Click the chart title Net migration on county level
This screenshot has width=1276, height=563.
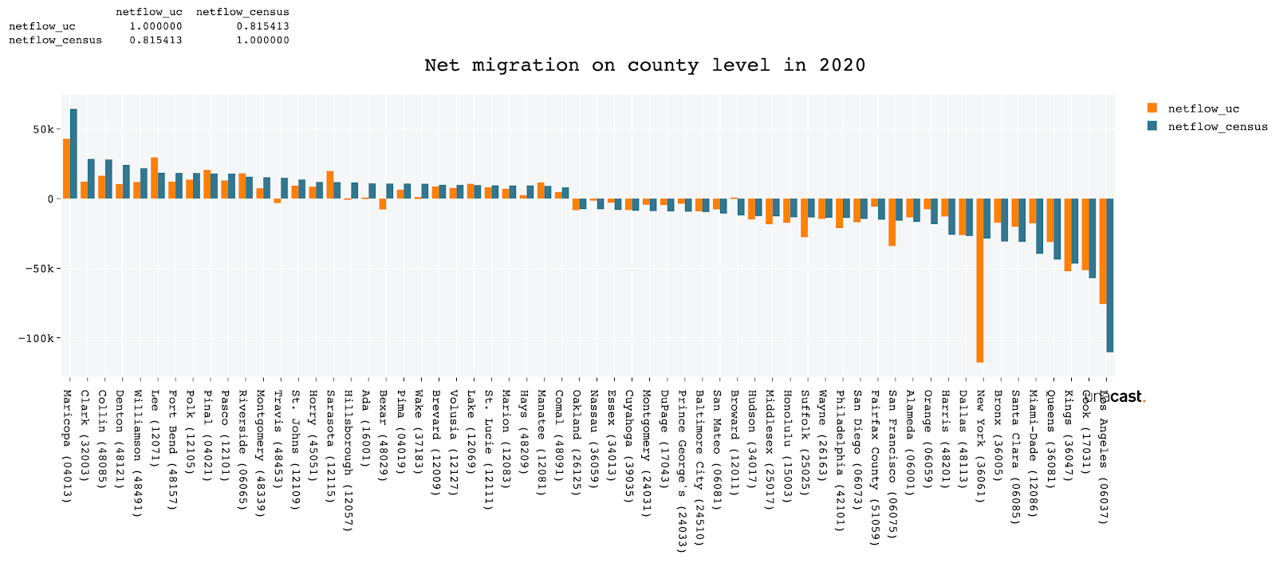644,65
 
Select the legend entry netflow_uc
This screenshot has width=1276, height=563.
1203,109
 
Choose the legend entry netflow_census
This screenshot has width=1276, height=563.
1217,127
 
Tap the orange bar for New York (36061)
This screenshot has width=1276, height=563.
979,280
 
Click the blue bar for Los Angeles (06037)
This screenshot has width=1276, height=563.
1109,275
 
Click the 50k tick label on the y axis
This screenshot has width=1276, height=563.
43,129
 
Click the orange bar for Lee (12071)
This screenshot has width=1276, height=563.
154,178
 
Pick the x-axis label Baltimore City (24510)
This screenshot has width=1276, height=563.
699,467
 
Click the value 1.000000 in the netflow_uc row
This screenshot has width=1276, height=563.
156,26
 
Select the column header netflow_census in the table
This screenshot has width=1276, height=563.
242,12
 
